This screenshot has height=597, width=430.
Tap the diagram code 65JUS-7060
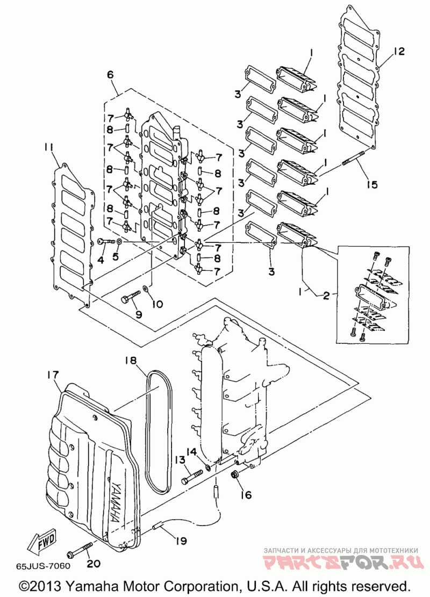pos(43,565)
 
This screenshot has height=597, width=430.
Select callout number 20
pos(94,563)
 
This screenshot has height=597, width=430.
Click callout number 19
pos(181,540)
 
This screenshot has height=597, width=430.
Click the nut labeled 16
pos(234,474)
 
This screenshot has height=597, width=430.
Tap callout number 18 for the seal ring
pos(131,360)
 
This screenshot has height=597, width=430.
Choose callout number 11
pos(51,147)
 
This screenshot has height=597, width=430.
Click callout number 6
pos(110,75)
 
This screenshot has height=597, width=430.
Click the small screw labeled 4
pos(106,241)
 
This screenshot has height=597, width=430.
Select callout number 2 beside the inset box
pos(326,296)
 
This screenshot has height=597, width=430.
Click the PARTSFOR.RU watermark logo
pos(343,562)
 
